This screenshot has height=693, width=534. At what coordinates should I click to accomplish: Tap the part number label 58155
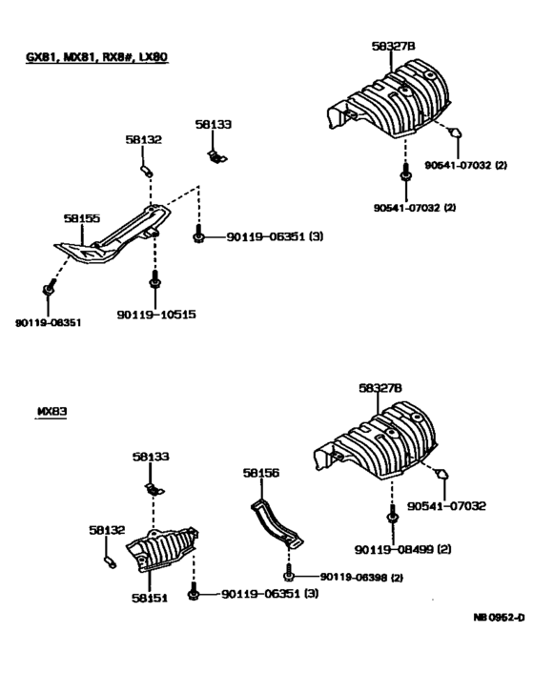[x=82, y=218]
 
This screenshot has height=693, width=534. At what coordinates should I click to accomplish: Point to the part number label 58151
[x=149, y=599]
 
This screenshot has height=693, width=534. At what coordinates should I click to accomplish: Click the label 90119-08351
[x=48, y=322]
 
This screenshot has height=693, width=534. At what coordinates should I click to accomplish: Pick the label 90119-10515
[x=156, y=314]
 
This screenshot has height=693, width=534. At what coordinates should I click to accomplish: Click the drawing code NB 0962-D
[x=499, y=617]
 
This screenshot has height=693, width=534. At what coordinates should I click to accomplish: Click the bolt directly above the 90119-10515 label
[x=154, y=282]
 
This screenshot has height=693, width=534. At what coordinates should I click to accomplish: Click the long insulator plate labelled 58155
[x=110, y=238]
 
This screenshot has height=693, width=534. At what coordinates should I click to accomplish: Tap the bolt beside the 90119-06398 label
[x=287, y=577]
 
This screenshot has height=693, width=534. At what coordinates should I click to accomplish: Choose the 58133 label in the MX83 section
[x=151, y=458]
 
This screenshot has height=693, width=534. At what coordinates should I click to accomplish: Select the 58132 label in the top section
[x=143, y=139]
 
